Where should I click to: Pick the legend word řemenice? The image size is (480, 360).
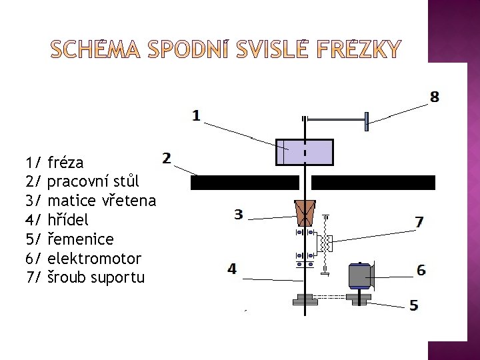(81, 238)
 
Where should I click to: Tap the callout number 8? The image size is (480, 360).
(434, 97)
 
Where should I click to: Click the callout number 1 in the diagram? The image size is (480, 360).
(196, 115)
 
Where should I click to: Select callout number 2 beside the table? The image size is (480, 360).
(167, 159)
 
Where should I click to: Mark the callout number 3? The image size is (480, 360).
(238, 214)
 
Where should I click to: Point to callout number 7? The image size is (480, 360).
(419, 222)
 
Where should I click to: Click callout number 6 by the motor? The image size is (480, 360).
(421, 270)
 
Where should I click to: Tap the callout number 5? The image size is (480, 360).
(414, 305)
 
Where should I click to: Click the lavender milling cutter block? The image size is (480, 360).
(304, 152)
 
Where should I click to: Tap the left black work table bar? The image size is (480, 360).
(245, 183)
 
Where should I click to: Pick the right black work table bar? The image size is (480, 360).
(373, 183)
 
